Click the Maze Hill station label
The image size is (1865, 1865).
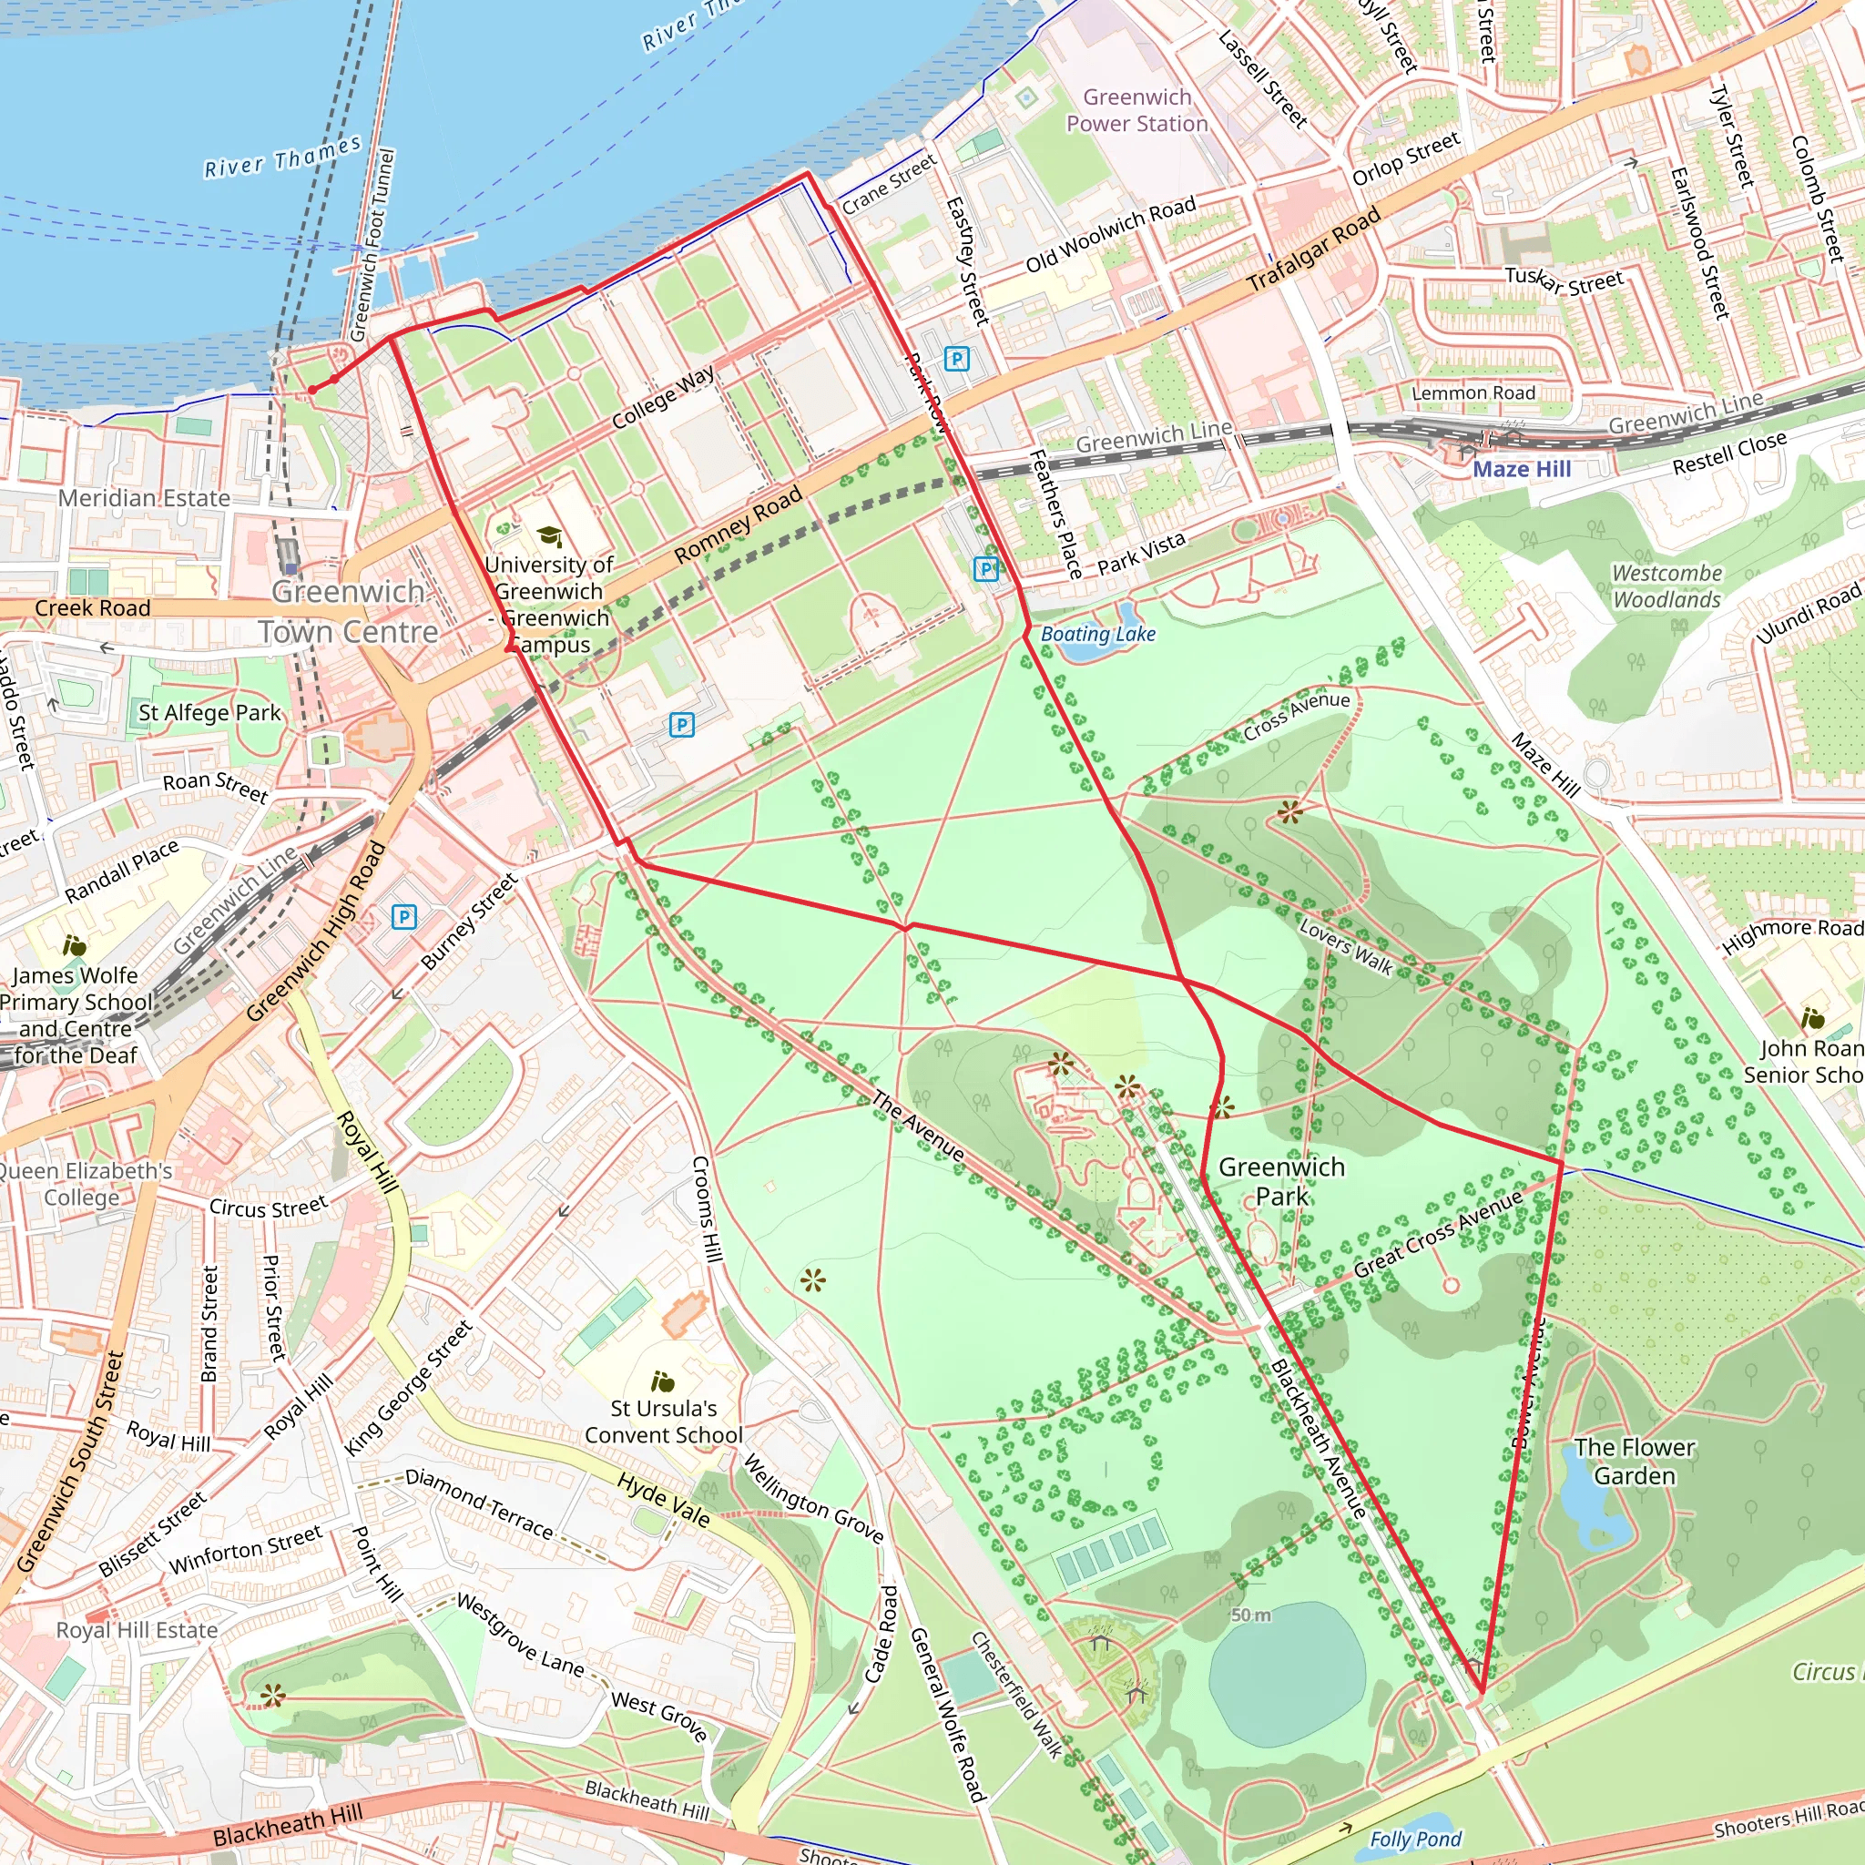click(x=1522, y=469)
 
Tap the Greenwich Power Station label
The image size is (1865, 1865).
click(x=1136, y=110)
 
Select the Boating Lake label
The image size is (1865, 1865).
click(x=1097, y=634)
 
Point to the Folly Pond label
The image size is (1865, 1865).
click(x=1414, y=1839)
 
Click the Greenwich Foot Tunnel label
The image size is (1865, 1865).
click(x=372, y=245)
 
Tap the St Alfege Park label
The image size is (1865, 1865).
click(x=209, y=712)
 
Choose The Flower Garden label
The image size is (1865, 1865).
click(x=1635, y=1462)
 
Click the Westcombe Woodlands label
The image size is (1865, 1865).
click(x=1666, y=586)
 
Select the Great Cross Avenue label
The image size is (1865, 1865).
click(x=1437, y=1235)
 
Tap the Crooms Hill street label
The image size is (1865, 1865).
click(x=707, y=1208)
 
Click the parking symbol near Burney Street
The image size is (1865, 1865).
click(x=404, y=916)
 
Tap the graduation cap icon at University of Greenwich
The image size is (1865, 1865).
click(x=549, y=535)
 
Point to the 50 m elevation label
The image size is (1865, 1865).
click(x=1250, y=1615)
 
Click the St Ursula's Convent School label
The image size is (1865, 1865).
click(x=663, y=1421)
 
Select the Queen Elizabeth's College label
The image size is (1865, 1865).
click(x=84, y=1184)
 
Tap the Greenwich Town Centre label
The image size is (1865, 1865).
click(x=348, y=611)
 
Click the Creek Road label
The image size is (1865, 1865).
click(x=93, y=608)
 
